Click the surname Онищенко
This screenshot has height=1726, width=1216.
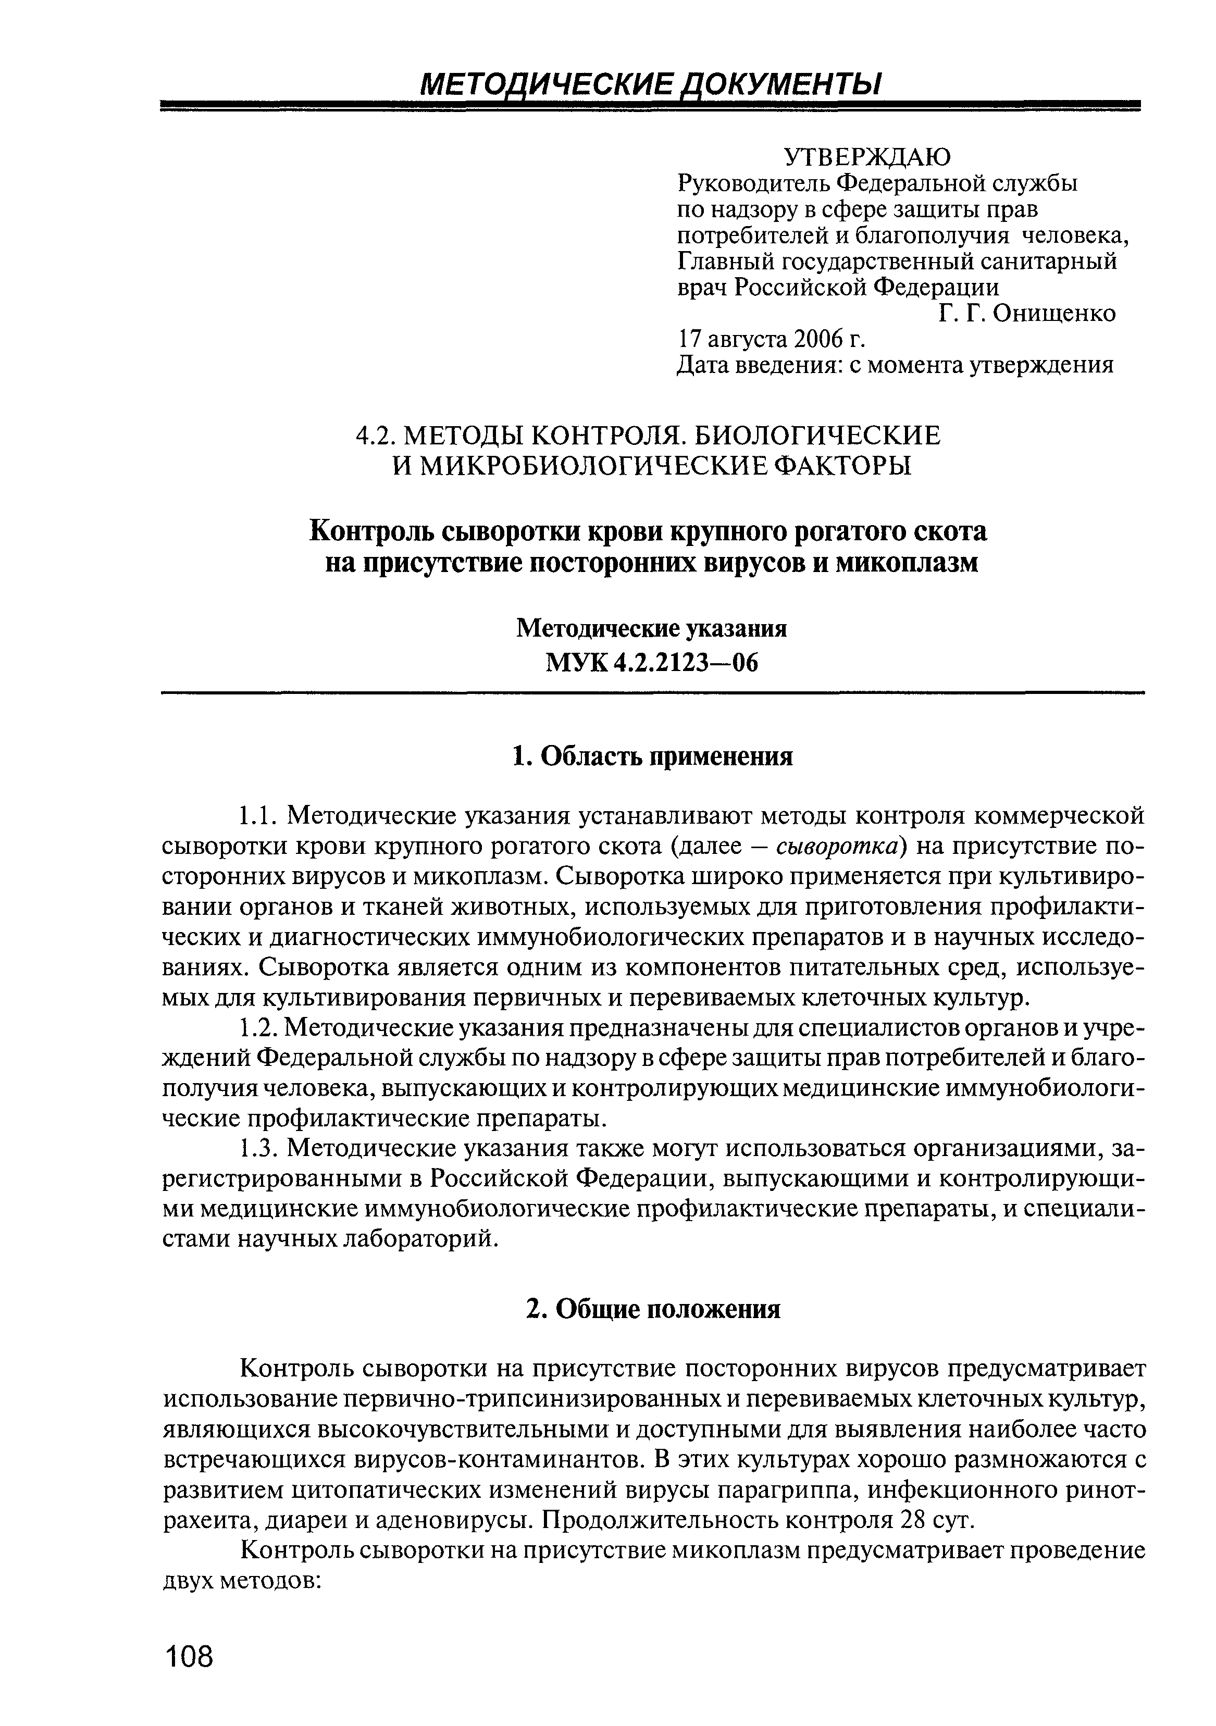[x=1054, y=314]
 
